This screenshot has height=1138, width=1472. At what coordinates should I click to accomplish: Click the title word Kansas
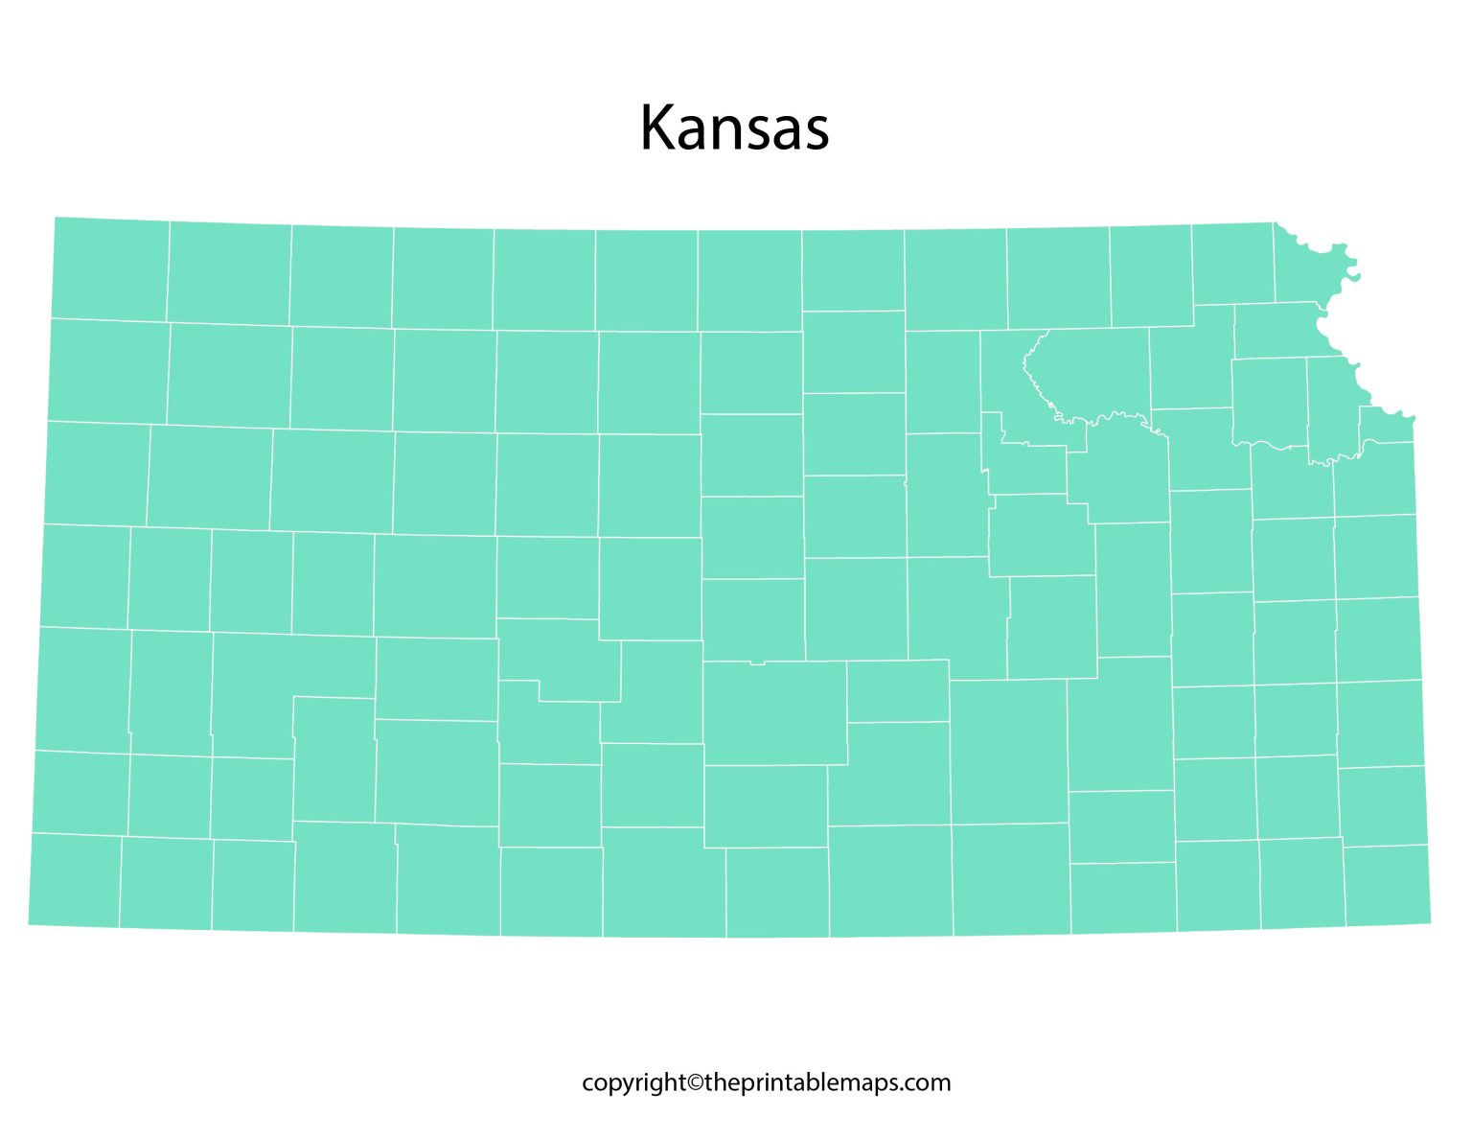pyautogui.click(x=734, y=128)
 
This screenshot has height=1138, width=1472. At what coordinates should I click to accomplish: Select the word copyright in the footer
pyautogui.click(x=633, y=1083)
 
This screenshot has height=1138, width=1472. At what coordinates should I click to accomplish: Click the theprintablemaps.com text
pyautogui.click(x=827, y=1083)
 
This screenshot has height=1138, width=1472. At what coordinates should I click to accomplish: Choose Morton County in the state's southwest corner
pyautogui.click(x=75, y=880)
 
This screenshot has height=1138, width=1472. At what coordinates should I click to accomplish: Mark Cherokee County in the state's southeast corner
pyautogui.click(x=1387, y=886)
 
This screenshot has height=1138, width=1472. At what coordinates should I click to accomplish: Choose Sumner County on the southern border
pyautogui.click(x=890, y=880)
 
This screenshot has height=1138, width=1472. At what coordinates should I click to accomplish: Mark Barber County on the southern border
pyautogui.click(x=663, y=882)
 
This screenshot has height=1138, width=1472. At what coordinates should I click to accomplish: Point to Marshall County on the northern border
pyautogui.click(x=1058, y=278)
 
